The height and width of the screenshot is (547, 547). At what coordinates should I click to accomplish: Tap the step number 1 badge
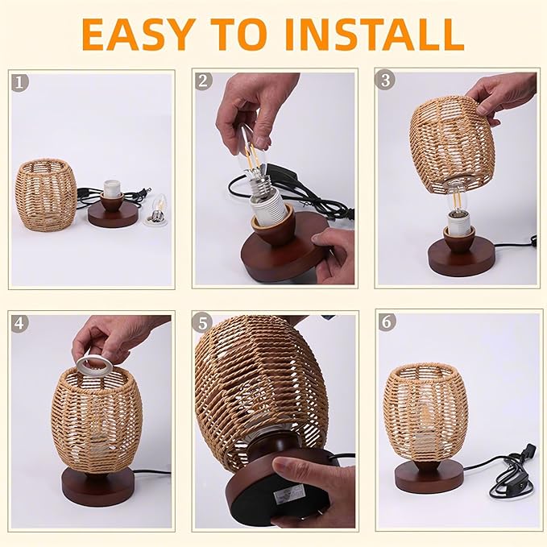(x=19, y=82)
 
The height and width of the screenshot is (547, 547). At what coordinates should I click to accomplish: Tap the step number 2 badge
(x=202, y=81)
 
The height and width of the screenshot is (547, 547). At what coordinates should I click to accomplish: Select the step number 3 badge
(x=387, y=82)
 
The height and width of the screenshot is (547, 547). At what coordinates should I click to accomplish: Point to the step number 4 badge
(x=20, y=324)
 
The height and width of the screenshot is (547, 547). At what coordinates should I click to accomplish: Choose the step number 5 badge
(x=202, y=324)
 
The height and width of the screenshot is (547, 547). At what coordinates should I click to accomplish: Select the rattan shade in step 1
(x=46, y=193)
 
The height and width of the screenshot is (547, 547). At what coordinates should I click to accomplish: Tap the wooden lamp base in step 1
(x=111, y=213)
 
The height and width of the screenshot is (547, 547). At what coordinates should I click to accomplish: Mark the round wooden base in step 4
(x=97, y=485)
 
